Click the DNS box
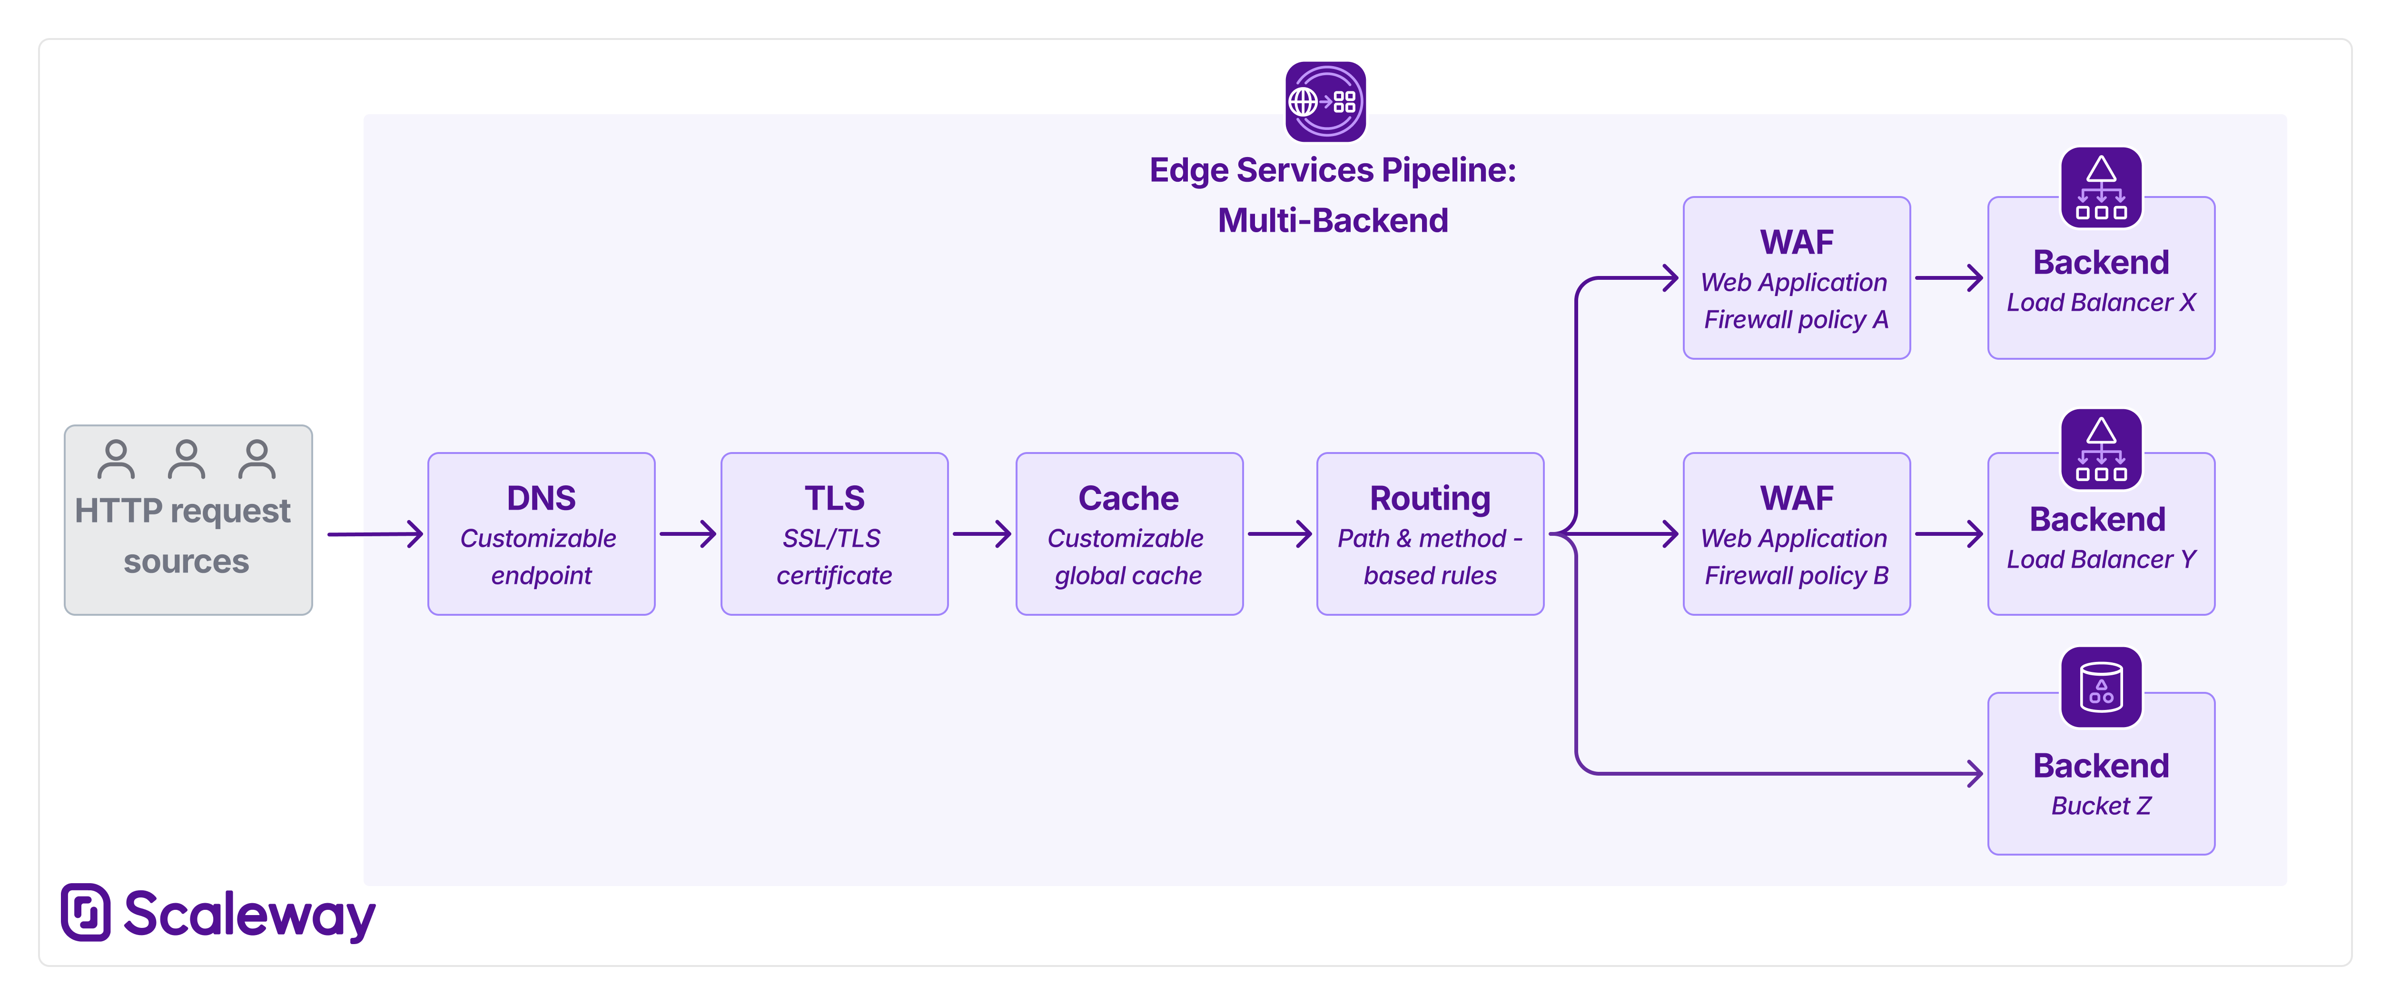(x=541, y=533)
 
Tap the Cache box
(x=1129, y=533)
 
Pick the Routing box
(x=1429, y=533)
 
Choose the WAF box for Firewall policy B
(x=1796, y=533)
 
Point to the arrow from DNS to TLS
(x=688, y=533)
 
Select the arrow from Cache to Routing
(x=1279, y=533)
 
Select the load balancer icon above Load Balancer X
(x=2102, y=187)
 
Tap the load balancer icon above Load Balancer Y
(x=2102, y=449)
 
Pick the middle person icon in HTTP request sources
(x=187, y=459)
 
